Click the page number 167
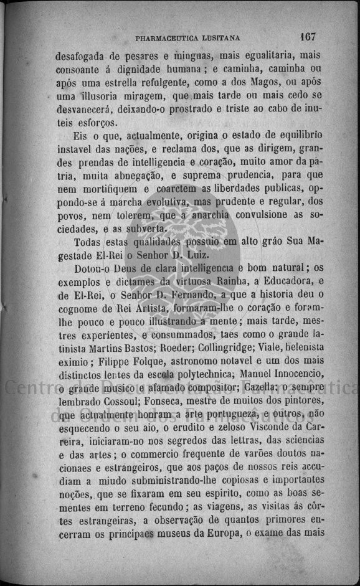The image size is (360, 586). pos(308,36)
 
